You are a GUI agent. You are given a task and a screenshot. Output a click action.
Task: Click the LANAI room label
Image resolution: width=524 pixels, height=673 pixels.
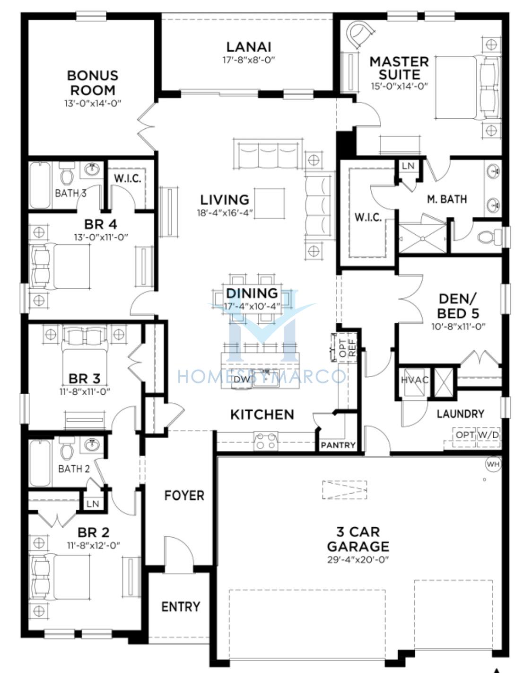click(x=249, y=47)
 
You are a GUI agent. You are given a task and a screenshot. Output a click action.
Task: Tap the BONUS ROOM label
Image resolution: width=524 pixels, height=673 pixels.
click(x=93, y=83)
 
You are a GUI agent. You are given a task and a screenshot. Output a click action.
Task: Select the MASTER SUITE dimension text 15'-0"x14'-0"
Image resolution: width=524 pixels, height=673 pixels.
click(x=399, y=86)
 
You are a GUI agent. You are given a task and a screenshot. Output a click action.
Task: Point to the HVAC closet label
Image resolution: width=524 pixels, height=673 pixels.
click(x=415, y=380)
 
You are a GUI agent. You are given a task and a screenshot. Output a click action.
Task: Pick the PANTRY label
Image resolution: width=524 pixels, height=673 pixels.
click(x=338, y=445)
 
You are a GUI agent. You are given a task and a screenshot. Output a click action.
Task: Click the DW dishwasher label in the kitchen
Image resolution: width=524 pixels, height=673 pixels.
click(x=242, y=380)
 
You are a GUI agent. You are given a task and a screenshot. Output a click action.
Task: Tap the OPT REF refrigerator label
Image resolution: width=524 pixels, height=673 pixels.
click(x=348, y=347)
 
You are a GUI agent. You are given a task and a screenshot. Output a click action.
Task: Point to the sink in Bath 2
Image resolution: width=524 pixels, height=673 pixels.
click(x=92, y=445)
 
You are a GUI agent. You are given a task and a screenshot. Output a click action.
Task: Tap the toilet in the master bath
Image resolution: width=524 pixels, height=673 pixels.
click(x=489, y=238)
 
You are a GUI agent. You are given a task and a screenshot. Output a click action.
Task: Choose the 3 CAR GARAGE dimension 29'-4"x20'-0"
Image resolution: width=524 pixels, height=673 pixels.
click(x=358, y=559)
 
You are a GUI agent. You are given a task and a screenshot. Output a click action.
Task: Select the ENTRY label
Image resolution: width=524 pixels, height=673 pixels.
click(x=181, y=607)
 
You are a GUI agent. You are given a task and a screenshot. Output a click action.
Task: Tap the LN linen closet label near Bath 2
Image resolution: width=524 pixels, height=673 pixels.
click(x=93, y=504)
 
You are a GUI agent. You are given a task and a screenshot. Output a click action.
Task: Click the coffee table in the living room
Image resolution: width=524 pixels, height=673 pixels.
click(x=269, y=203)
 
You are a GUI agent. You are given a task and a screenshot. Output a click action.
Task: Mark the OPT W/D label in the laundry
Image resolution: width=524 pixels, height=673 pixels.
click(x=477, y=435)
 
